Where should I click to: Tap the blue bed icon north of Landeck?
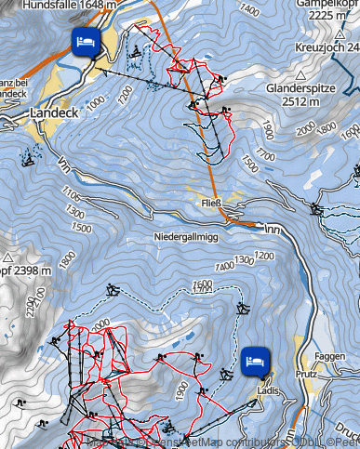click(x=85, y=42)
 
